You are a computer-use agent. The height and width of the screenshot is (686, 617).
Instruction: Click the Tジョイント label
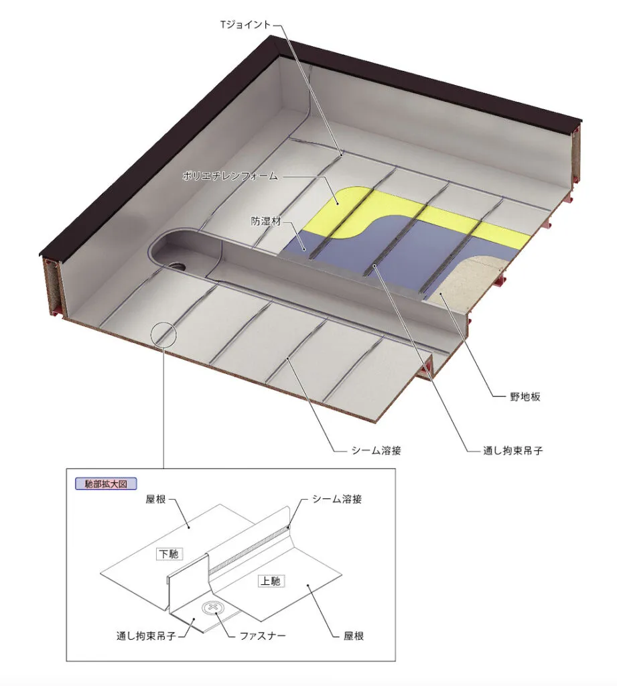click(x=246, y=25)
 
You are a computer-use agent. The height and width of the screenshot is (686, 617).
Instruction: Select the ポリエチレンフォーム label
click(x=230, y=176)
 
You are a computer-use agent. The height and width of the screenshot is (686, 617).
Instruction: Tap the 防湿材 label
click(x=266, y=221)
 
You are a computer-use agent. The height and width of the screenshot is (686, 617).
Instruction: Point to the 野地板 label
click(x=525, y=397)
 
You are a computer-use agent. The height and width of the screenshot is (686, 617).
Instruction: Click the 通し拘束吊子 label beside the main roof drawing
click(x=513, y=451)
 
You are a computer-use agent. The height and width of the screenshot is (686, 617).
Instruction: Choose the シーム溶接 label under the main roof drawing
click(x=376, y=451)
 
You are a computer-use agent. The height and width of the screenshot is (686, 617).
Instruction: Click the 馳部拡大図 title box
click(x=106, y=484)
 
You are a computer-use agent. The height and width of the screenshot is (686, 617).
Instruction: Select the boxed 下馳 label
click(x=169, y=554)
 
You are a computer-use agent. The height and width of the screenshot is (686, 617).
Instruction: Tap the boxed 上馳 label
click(x=271, y=581)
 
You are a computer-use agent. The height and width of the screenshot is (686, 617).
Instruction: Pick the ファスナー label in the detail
click(x=263, y=636)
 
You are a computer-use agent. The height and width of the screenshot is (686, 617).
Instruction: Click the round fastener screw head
click(x=213, y=608)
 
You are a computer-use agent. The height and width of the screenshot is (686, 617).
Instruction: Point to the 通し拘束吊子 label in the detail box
click(x=146, y=636)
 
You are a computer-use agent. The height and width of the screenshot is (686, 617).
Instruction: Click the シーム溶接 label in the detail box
click(x=337, y=499)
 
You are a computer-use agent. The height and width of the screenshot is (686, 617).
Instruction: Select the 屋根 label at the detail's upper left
click(x=156, y=499)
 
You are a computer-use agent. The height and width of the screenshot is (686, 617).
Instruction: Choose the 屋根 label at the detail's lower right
click(x=354, y=636)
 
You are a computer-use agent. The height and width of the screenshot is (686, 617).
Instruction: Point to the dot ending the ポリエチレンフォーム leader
click(x=337, y=202)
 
